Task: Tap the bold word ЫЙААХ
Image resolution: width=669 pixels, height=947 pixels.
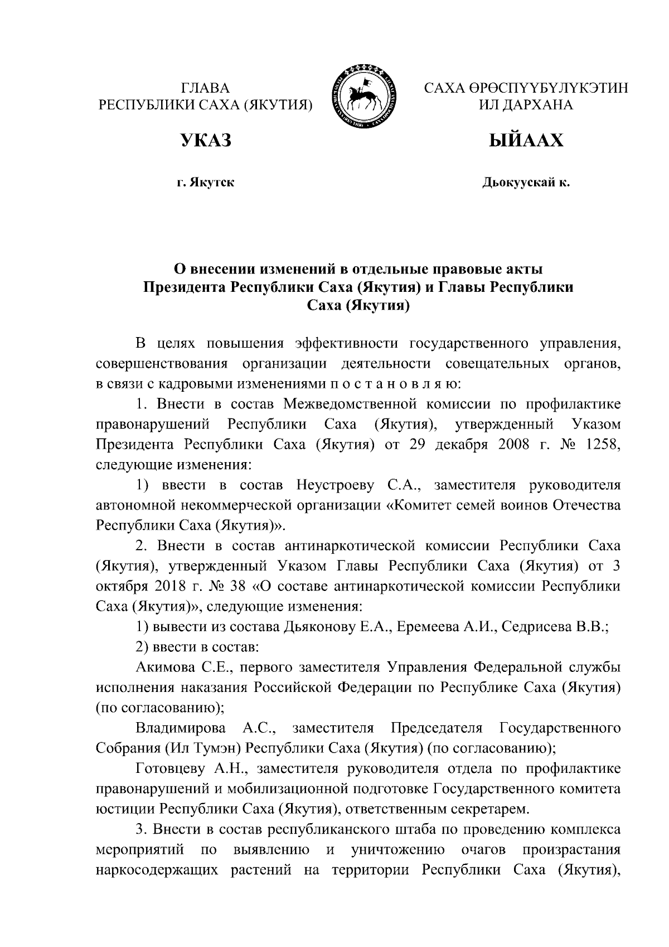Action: pos(526,141)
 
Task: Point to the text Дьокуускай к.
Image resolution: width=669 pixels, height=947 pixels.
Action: pos(526,182)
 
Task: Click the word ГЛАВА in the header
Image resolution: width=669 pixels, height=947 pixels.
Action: pos(205,88)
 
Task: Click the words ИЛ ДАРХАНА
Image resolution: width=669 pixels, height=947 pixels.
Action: pos(526,104)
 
